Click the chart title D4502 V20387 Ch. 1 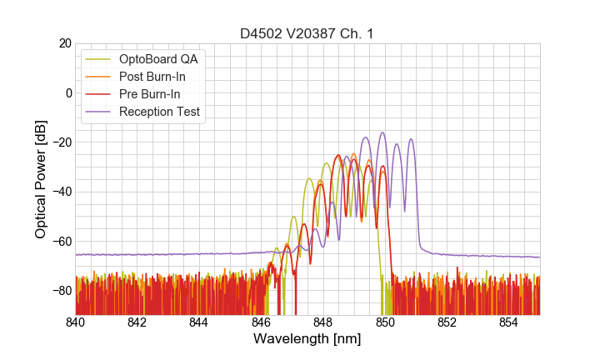[307, 33]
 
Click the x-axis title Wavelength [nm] [307, 339]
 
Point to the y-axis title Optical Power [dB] [41, 179]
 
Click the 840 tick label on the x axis [75, 322]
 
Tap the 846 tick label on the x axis [261, 322]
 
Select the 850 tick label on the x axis [385, 322]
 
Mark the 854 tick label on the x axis [508, 322]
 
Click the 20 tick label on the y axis [64, 43]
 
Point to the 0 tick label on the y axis [67, 92]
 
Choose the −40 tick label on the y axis [60, 192]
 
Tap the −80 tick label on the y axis [60, 290]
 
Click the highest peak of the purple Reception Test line [382, 132]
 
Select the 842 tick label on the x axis [137, 322]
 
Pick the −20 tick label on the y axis [60, 142]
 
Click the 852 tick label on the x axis [447, 322]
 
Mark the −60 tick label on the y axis [60, 241]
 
